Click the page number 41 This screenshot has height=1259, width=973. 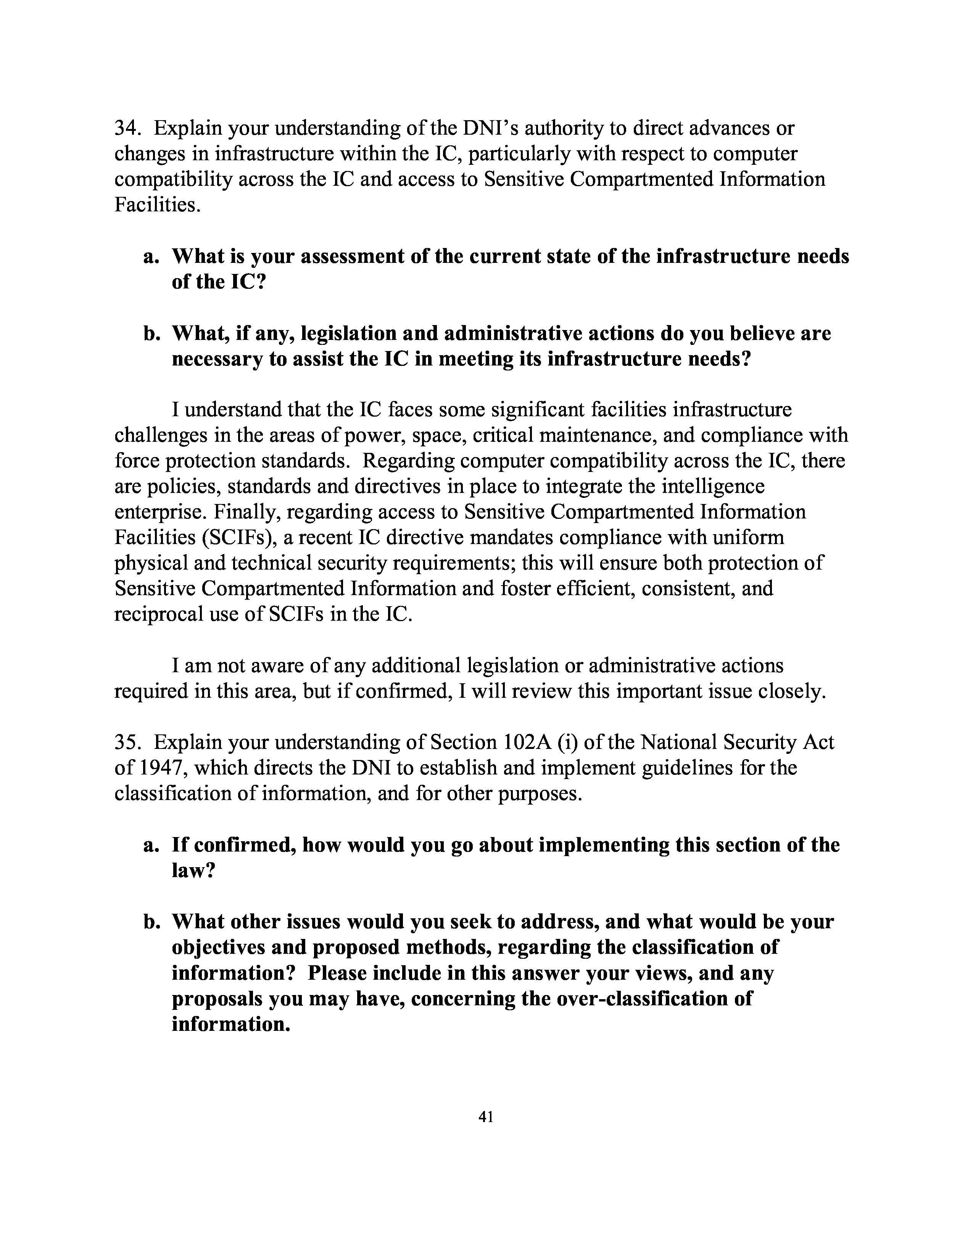pos(486,1117)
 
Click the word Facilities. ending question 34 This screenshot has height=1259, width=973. pos(157,204)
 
